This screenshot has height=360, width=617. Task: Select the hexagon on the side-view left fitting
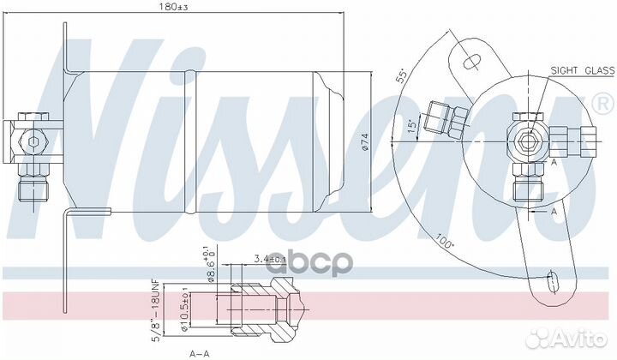pos(33,141)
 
